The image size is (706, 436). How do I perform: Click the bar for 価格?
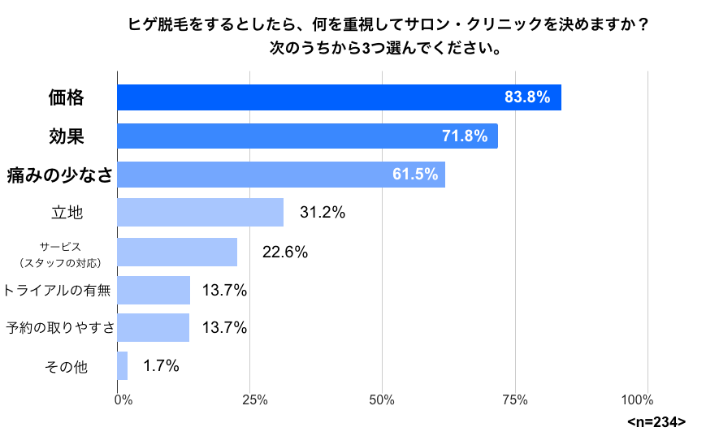pyautogui.click(x=339, y=97)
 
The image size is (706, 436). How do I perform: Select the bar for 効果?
pyautogui.click(x=307, y=136)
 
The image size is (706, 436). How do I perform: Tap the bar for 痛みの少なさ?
pyautogui.click(x=281, y=174)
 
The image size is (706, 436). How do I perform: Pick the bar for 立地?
pyautogui.click(x=200, y=212)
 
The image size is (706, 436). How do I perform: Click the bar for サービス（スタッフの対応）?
pyautogui.click(x=177, y=252)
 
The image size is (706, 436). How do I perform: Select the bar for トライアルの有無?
pyautogui.click(x=154, y=290)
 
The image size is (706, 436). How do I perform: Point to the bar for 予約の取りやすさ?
pyautogui.click(x=154, y=328)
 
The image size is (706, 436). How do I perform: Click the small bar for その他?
pyautogui.click(x=123, y=366)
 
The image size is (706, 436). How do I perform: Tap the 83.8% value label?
pyautogui.click(x=527, y=97)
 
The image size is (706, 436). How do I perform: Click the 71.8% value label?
pyautogui.click(x=465, y=136)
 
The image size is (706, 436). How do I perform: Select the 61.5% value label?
pyautogui.click(x=415, y=174)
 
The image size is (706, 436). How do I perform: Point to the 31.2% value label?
pyautogui.click(x=323, y=213)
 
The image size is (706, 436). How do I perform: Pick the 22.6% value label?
pyautogui.click(x=284, y=253)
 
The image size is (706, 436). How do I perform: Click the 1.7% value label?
pyautogui.click(x=161, y=366)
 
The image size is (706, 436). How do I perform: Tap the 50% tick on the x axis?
pyautogui.click(x=382, y=399)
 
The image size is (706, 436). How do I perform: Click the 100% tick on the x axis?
pyautogui.click(x=637, y=399)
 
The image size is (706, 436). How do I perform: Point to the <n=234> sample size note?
pyautogui.click(x=656, y=422)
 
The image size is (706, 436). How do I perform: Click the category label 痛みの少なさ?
pyautogui.click(x=58, y=174)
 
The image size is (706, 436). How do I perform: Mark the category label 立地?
pyautogui.click(x=67, y=213)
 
